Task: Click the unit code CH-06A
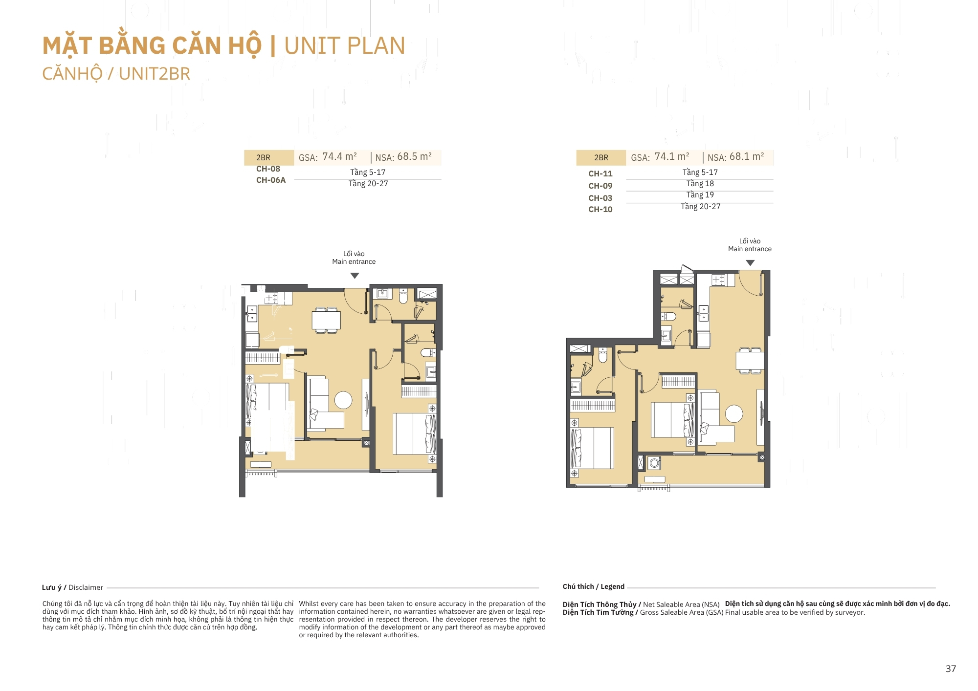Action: [x=271, y=180]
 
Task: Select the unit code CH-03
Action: [x=600, y=198]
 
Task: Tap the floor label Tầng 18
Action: [x=700, y=183]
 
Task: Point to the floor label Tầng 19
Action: [x=700, y=194]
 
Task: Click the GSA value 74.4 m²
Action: [x=339, y=156]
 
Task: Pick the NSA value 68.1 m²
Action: [x=747, y=156]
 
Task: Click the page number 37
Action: [x=951, y=669]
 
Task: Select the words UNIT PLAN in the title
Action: [x=345, y=46]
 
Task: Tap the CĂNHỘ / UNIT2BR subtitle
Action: [x=116, y=74]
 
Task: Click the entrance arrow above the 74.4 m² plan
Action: [x=355, y=276]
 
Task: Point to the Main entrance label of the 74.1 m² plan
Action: [x=750, y=249]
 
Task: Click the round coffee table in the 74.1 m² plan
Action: [x=734, y=413]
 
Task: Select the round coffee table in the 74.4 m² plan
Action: [x=343, y=400]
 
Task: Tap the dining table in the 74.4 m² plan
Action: [x=326, y=320]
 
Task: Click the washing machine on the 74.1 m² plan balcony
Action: [x=654, y=463]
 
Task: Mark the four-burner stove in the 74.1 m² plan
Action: [x=718, y=280]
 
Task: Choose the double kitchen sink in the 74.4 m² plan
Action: [x=252, y=314]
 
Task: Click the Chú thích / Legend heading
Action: [x=593, y=586]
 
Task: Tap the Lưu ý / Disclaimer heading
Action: [x=72, y=587]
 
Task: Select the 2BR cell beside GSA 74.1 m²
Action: [x=601, y=157]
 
